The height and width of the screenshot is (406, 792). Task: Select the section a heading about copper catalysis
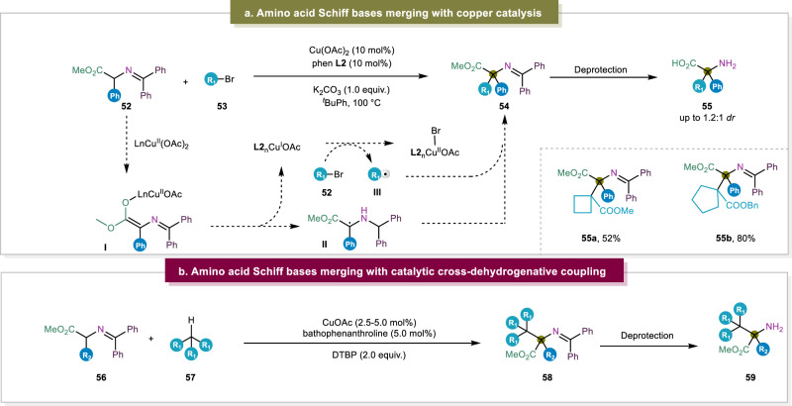tap(396, 11)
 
